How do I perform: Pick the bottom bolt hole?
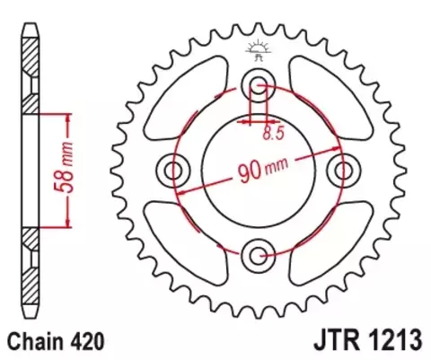[x=259, y=255]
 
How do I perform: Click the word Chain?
[x=34, y=341]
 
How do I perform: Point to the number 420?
[x=91, y=341]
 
